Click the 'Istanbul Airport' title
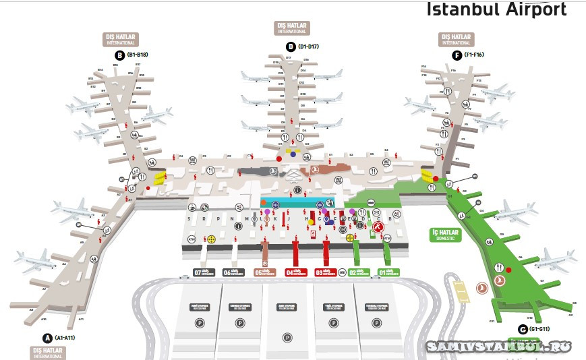pos(496,9)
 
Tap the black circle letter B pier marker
pos(119,55)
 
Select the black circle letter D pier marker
pos(291,47)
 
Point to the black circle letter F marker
pos(457,55)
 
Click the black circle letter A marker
pos(47,338)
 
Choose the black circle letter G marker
pos(522,329)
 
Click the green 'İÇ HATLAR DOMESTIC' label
pos(445,235)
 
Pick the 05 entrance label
pos(266,272)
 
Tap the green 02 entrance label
pos(357,272)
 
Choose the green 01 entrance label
pos(388,272)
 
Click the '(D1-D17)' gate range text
pos(309,47)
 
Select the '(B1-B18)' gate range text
pos(138,55)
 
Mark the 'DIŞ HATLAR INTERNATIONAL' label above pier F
pos(455,39)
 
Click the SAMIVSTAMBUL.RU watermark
pos(498,347)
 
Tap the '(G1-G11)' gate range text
pos(541,329)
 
